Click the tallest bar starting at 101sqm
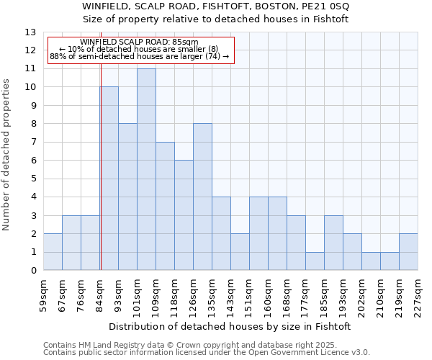tap(146, 169)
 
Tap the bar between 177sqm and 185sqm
tap(315, 261)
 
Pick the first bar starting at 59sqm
tap(53, 252)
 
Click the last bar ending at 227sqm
tap(408, 252)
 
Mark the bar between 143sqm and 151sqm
tap(240, 252)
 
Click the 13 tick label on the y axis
tap(30, 32)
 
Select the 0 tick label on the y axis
tap(32, 271)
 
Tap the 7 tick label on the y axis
tap(32, 143)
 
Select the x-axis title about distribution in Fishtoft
tap(230, 326)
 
